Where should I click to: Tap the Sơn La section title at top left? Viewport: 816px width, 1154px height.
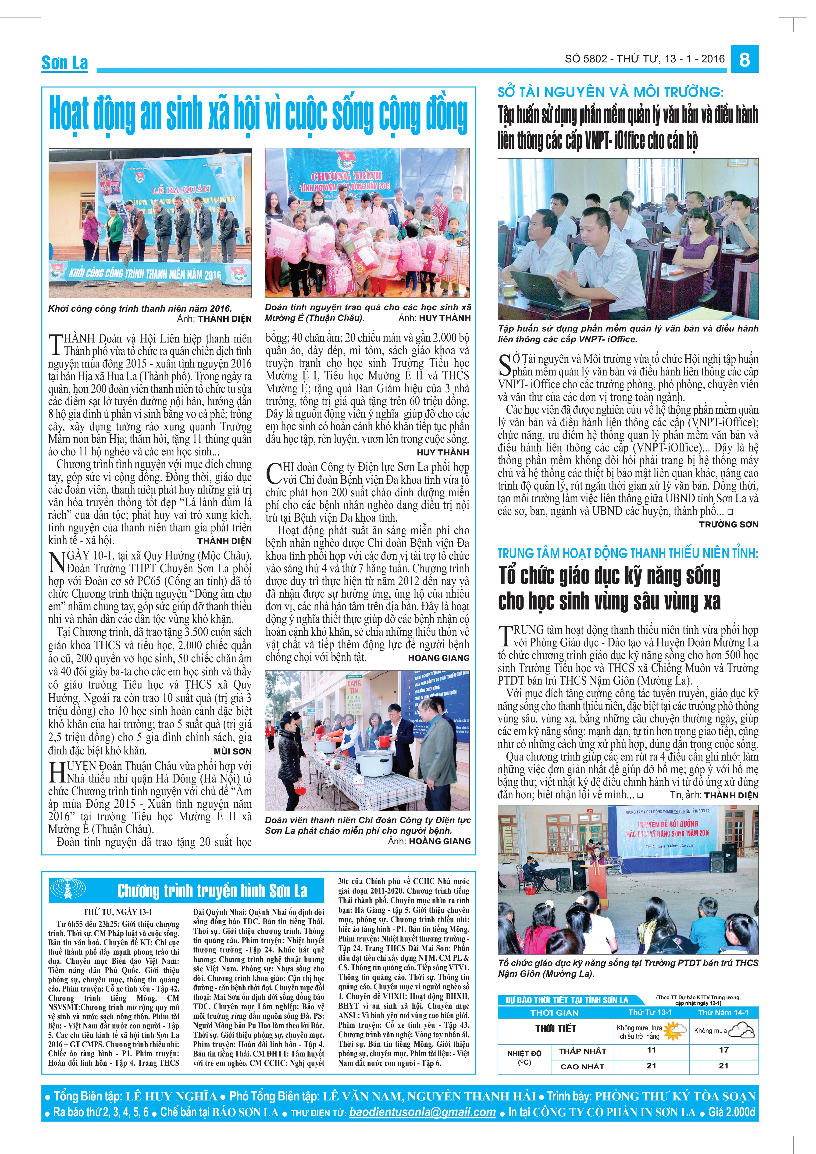coord(65,63)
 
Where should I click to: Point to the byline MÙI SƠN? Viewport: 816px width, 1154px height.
coord(232,751)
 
